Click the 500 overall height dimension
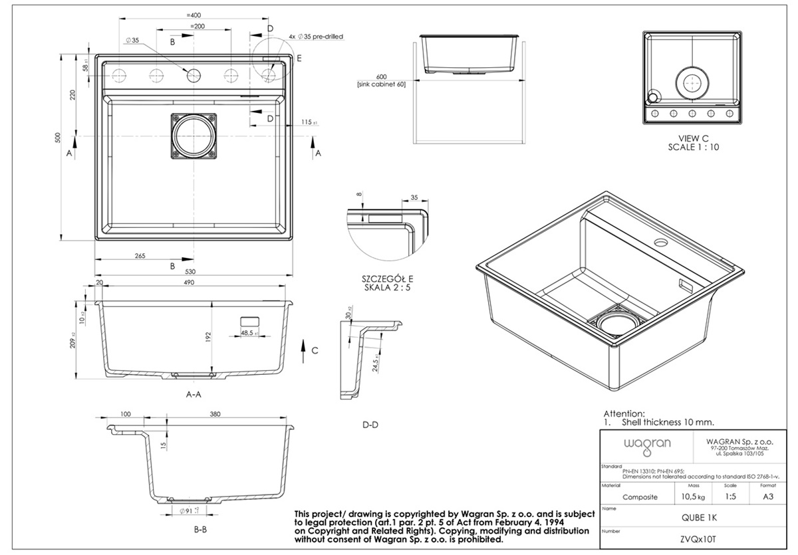click(59, 138)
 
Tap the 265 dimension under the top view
click(140, 255)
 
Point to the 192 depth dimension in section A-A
click(208, 336)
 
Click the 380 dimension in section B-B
click(215, 414)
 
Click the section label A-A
click(194, 394)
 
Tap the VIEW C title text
click(693, 138)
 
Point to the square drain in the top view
click(194, 138)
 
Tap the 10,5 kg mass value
click(685, 497)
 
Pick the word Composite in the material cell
click(640, 497)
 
